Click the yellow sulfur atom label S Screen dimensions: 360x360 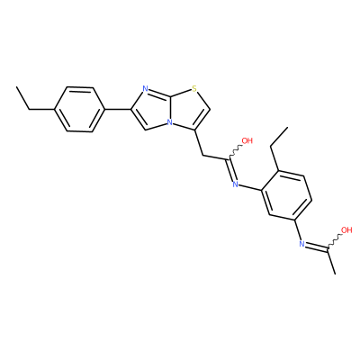point(194,89)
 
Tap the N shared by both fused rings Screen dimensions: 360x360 point(170,122)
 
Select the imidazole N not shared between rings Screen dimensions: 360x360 point(146,89)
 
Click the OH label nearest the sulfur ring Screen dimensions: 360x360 point(247,140)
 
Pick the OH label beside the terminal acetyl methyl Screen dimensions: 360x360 point(346,230)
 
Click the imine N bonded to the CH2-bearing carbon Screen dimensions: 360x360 point(235,184)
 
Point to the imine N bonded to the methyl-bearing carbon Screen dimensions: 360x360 point(302,244)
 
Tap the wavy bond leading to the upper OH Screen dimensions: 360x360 point(235,151)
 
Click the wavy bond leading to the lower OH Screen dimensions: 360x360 point(334,242)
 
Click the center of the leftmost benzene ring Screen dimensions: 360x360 point(79,109)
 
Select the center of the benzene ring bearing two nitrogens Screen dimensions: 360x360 point(287,196)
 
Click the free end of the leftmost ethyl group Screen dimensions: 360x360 point(17,87)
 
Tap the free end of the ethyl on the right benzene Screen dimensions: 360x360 point(287,127)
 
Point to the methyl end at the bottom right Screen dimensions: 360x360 point(335,274)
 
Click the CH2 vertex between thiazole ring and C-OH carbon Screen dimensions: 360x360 point(203,156)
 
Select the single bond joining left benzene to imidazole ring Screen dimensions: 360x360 point(118,109)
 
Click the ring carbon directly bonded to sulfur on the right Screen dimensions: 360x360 point(210,109)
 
